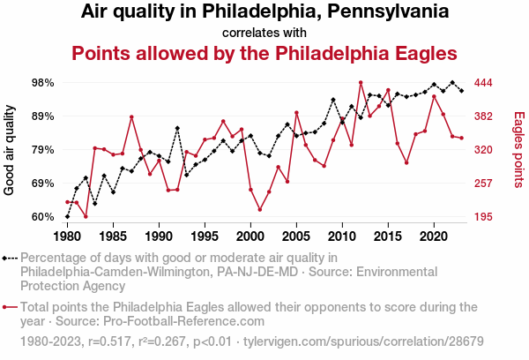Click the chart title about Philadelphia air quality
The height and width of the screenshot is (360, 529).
point(264,12)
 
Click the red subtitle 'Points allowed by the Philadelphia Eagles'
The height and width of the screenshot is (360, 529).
point(264,52)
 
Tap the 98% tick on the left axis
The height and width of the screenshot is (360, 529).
point(43,83)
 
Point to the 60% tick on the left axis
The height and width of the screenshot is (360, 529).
point(43,217)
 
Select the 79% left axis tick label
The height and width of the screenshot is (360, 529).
point(43,150)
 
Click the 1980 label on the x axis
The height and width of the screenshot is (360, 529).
point(67,236)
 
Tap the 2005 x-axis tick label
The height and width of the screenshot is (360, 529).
point(296,236)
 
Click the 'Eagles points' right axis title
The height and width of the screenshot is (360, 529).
point(518,150)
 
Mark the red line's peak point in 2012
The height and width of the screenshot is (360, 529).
point(361,82)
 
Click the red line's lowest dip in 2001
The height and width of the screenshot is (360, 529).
point(260,210)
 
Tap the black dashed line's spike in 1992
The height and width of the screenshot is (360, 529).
point(177,128)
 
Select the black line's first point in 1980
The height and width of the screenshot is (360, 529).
point(67,216)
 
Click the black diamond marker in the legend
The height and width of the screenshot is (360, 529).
point(8,259)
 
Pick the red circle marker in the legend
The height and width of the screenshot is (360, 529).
point(8,308)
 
